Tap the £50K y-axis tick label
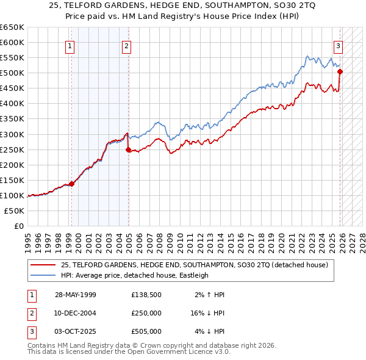15,211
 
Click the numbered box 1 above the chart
70,46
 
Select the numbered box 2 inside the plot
126,46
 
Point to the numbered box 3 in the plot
337,46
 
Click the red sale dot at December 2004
128,149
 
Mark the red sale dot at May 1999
71,184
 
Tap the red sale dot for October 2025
340,71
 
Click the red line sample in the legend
43,265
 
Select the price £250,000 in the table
146,313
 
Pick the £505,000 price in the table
146,331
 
